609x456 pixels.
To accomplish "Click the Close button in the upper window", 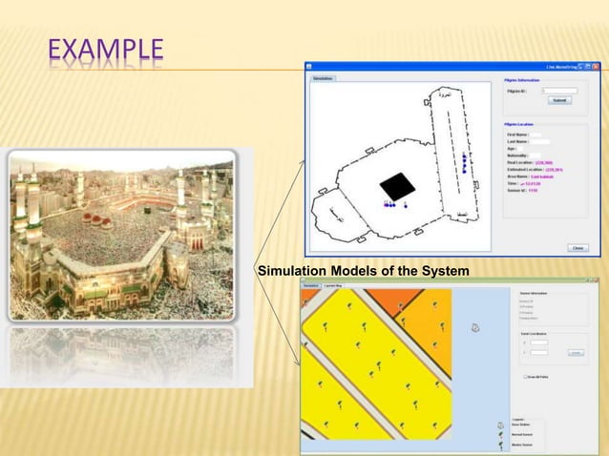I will point(578,247).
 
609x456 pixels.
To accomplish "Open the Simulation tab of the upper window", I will point(323,78).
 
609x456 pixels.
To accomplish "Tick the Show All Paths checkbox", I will point(526,377).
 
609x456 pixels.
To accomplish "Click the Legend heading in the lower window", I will point(519,419).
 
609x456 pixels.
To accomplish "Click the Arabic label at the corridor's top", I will point(443,96).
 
